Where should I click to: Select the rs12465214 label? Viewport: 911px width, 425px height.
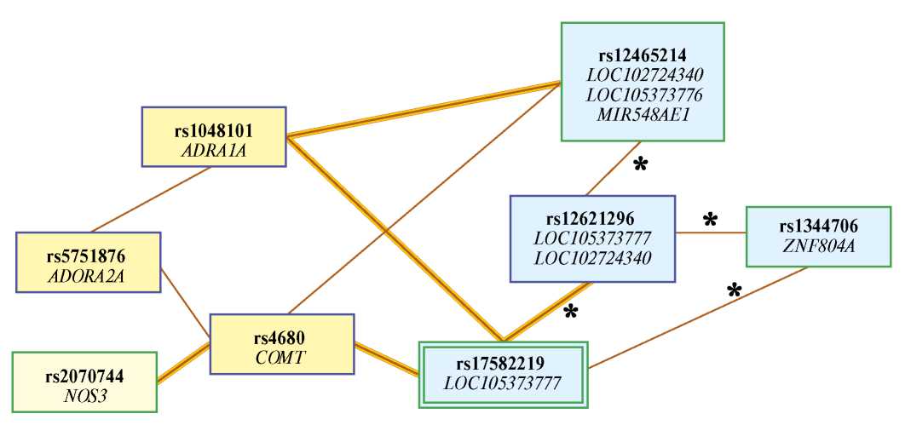643,56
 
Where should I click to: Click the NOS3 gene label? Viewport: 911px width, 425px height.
85,394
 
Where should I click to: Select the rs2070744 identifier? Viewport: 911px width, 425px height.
85,376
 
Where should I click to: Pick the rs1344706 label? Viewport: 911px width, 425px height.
818,227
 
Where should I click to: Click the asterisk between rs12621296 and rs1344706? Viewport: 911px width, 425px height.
709,221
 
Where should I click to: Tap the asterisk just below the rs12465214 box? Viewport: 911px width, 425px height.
640,165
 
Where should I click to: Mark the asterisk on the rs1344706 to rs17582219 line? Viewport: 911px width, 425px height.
734,291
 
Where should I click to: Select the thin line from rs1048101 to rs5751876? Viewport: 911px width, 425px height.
152,199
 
